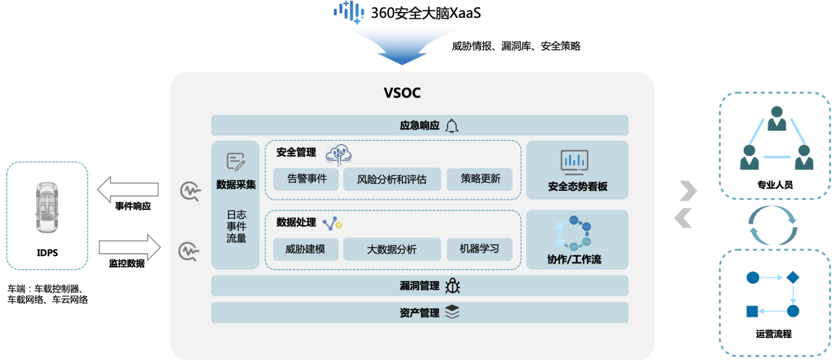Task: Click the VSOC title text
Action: pyautogui.click(x=402, y=93)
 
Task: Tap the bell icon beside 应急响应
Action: pyautogui.click(x=452, y=126)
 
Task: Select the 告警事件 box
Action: pyautogui.click(x=306, y=179)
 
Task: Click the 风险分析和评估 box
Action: pyautogui.click(x=392, y=180)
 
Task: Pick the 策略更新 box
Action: pyautogui.click(x=480, y=179)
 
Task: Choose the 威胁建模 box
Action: pyautogui.click(x=305, y=249)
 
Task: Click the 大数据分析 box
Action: pyautogui.click(x=392, y=249)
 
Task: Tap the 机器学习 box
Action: pyautogui.click(x=479, y=249)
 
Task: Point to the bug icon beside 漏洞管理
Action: pyautogui.click(x=453, y=286)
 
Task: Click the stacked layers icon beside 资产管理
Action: pyautogui.click(x=452, y=312)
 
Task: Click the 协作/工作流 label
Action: pyautogui.click(x=574, y=260)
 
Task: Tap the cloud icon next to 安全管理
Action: pyautogui.click(x=339, y=154)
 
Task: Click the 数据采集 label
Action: pyautogui.click(x=236, y=184)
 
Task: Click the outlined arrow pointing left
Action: pyautogui.click(x=128, y=189)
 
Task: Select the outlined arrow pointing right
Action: pyautogui.click(x=130, y=247)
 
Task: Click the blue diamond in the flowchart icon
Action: pyautogui.click(x=792, y=278)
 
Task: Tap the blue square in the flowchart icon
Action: pyautogui.click(x=752, y=311)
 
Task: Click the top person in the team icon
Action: pyautogui.click(x=776, y=119)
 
